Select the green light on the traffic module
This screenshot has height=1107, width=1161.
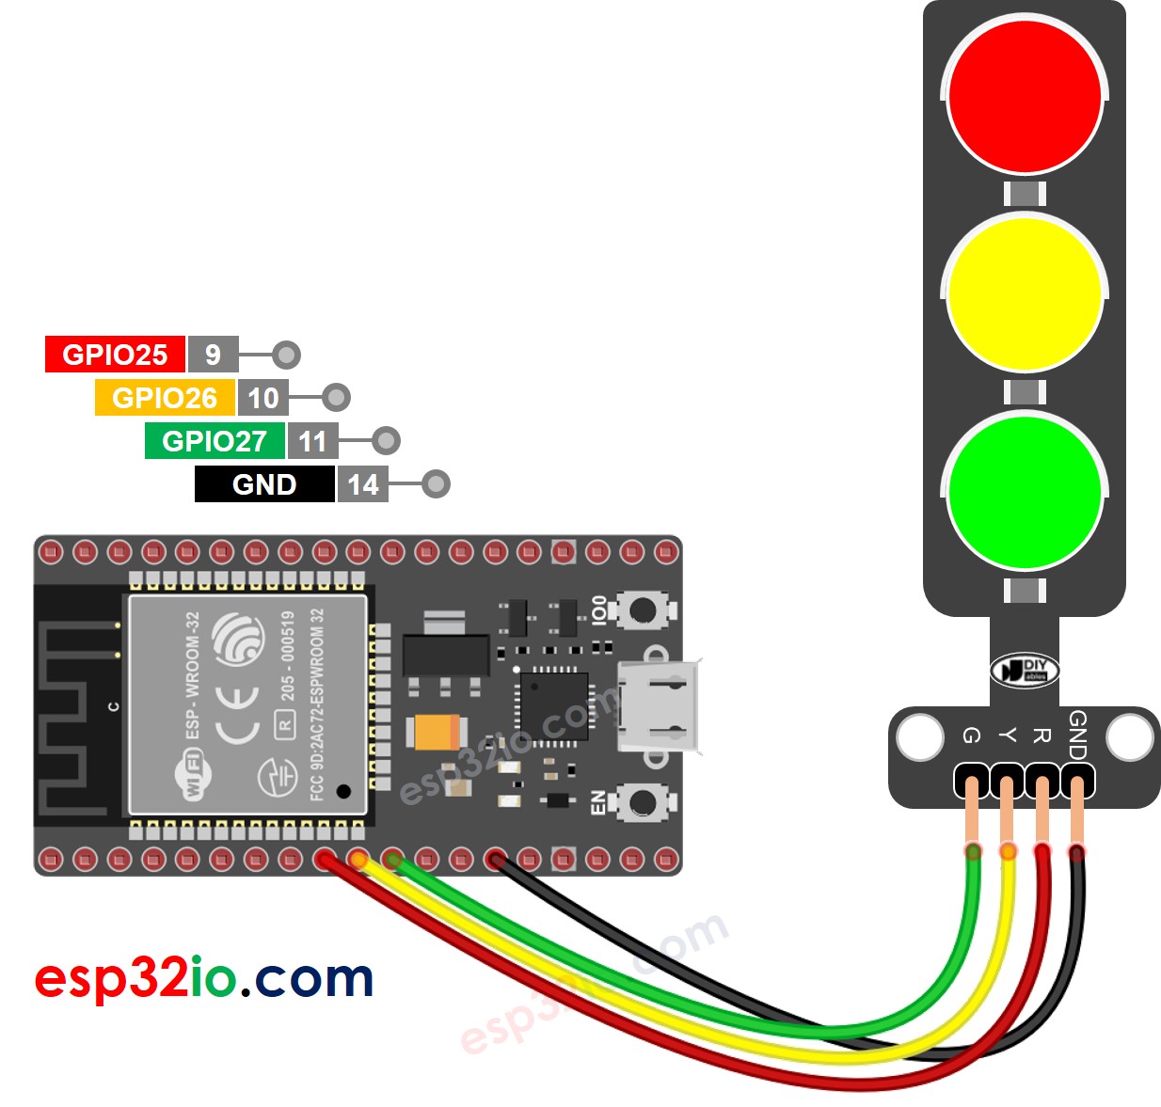[x=1025, y=492]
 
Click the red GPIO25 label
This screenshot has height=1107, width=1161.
[x=115, y=355]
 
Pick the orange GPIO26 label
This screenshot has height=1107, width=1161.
[x=165, y=398]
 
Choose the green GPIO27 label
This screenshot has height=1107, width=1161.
[x=215, y=441]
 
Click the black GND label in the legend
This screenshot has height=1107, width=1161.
[x=264, y=484]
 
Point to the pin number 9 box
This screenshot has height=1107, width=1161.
[x=213, y=355]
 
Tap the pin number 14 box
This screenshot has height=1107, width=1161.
[x=362, y=484]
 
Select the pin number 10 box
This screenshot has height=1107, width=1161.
[x=262, y=398]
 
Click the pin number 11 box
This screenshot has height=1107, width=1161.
[x=312, y=441]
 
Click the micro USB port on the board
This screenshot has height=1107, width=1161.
[x=659, y=705]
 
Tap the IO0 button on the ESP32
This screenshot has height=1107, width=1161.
[x=643, y=610]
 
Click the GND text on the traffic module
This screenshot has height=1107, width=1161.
[x=1078, y=735]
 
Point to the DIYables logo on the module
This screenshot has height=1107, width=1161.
[x=1025, y=671]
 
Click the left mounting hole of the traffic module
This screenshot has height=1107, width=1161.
[x=919, y=737]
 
